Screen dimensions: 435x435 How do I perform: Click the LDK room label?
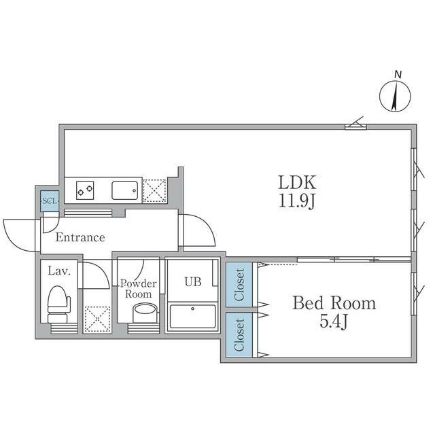point(297,183)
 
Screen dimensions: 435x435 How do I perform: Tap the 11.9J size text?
point(297,201)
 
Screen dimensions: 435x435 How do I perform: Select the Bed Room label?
point(334,303)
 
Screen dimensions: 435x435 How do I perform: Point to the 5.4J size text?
point(334,321)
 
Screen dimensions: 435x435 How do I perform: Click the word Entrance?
point(80,237)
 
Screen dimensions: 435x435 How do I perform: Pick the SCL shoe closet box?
point(50,201)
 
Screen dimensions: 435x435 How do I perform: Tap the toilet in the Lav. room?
point(58,304)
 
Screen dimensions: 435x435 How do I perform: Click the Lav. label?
point(59,271)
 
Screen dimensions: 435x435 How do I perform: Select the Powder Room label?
point(139,288)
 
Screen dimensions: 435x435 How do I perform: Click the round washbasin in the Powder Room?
point(145,313)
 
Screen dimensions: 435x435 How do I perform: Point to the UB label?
point(193,282)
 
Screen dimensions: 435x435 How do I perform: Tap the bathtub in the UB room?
point(192,316)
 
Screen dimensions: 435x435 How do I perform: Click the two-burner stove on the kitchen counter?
point(85,190)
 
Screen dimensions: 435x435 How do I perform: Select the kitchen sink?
point(125,190)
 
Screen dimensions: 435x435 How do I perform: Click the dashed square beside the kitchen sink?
point(154,191)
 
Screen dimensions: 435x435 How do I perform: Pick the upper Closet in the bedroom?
point(239,285)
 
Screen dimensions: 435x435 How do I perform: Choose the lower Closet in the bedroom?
point(239,335)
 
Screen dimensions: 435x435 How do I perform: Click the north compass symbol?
point(395,97)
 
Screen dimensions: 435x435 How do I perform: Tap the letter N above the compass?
point(398,74)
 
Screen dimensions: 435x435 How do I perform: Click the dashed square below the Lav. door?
point(97,319)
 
